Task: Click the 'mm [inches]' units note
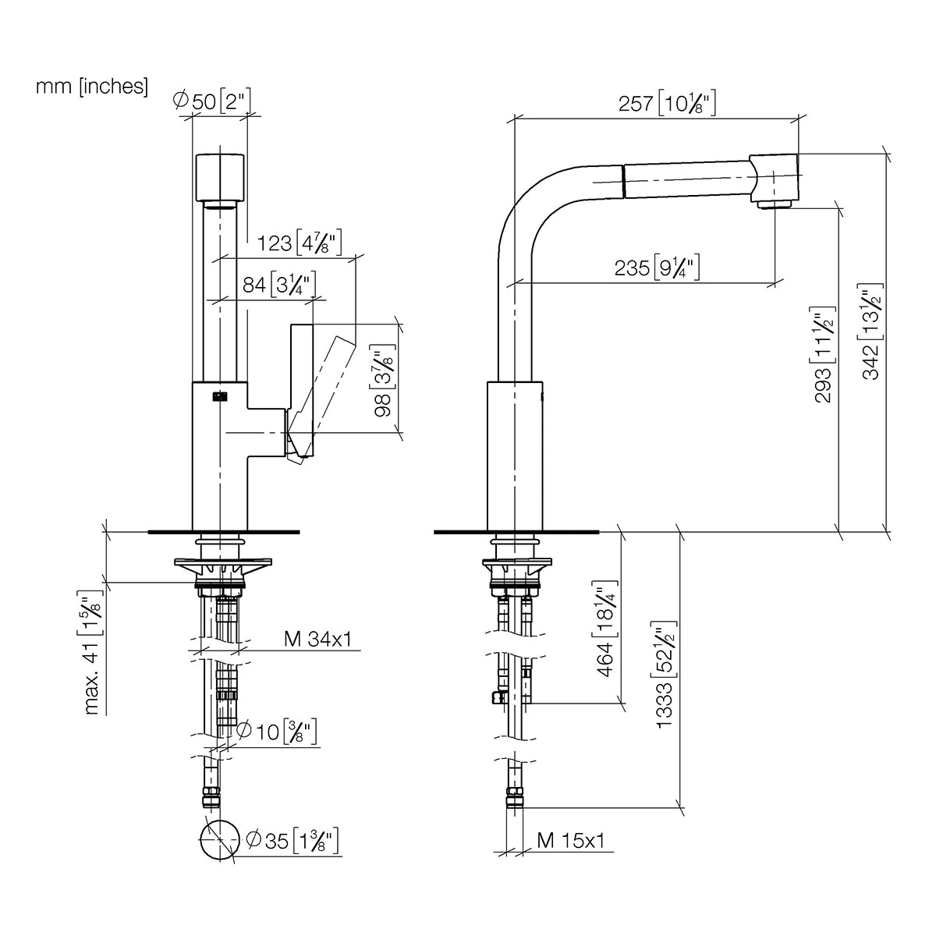click(x=92, y=87)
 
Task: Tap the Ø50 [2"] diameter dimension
click(x=212, y=101)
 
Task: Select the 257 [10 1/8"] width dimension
click(x=667, y=104)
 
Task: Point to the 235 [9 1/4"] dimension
click(x=657, y=268)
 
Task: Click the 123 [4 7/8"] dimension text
click(x=300, y=243)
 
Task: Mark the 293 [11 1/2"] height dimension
click(x=824, y=355)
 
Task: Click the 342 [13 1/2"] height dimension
click(x=871, y=331)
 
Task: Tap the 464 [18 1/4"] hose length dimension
click(x=606, y=629)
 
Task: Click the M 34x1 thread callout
click(x=317, y=640)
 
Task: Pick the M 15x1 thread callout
click(x=571, y=840)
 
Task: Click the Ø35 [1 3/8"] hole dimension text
click(x=292, y=841)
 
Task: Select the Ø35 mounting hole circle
click(x=220, y=821)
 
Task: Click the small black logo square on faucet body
click(x=219, y=396)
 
